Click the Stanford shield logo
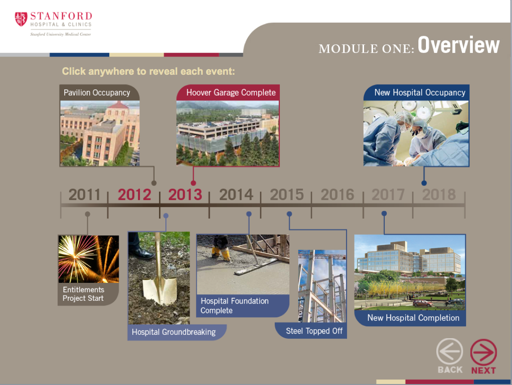click(21, 19)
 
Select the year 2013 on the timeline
click(185, 194)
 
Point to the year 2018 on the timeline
click(439, 194)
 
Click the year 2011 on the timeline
click(84, 194)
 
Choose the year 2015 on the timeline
click(286, 194)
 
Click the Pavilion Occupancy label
click(96, 93)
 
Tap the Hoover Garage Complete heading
click(231, 93)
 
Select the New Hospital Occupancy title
click(420, 93)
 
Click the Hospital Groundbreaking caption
click(174, 332)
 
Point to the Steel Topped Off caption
click(314, 331)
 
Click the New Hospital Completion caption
click(413, 318)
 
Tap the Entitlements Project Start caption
click(83, 294)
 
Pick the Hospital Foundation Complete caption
click(234, 306)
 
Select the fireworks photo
click(88, 259)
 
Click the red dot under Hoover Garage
click(193, 183)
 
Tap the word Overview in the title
click(459, 45)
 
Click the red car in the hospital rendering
click(423, 303)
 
